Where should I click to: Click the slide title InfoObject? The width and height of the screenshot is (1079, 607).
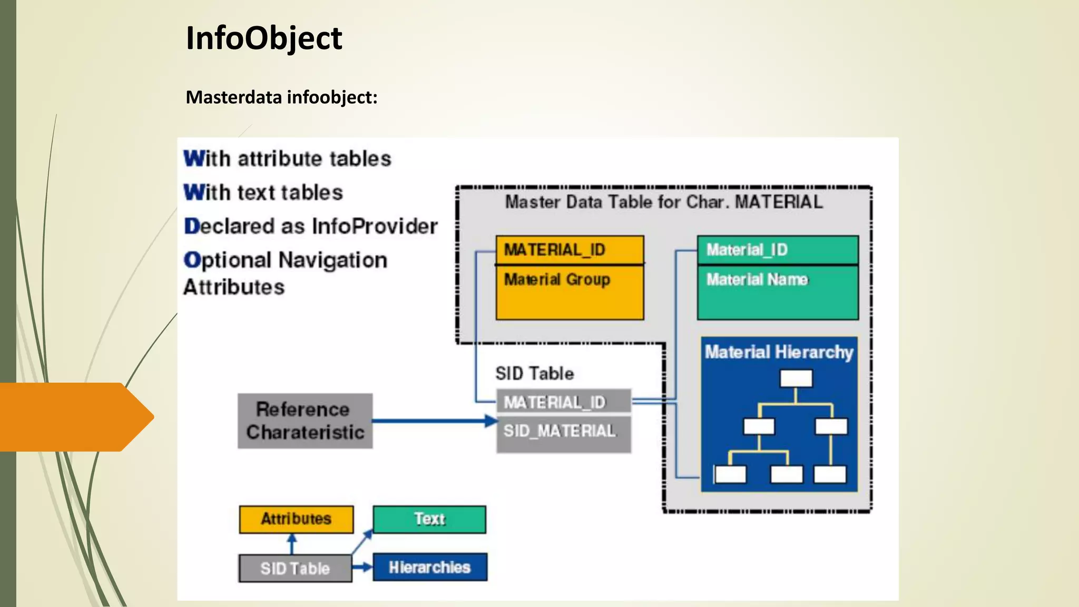(x=264, y=38)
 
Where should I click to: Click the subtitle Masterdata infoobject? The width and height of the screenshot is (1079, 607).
(x=281, y=97)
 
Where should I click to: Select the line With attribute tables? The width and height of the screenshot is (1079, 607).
(x=287, y=159)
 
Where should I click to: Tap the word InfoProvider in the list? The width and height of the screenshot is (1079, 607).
(x=375, y=227)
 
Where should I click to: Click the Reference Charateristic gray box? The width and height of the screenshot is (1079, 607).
(x=305, y=421)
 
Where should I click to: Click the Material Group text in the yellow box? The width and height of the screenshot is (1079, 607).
(x=557, y=279)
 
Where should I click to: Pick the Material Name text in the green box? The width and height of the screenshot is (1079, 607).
(x=757, y=279)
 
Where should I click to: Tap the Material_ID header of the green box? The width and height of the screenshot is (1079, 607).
(x=747, y=250)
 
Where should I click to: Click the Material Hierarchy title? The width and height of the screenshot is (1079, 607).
(x=779, y=352)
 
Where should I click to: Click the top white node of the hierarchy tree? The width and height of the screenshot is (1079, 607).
(x=796, y=378)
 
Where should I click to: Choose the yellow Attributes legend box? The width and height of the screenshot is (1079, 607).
(x=296, y=519)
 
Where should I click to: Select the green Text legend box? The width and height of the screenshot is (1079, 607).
(x=429, y=519)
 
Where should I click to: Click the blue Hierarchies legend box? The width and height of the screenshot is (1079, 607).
(x=429, y=567)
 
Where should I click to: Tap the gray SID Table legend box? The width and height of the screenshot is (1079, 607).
(x=295, y=569)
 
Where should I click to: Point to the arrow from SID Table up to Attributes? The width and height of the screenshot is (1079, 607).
(x=292, y=544)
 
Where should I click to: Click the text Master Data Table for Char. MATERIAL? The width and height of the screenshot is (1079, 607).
(x=663, y=202)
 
